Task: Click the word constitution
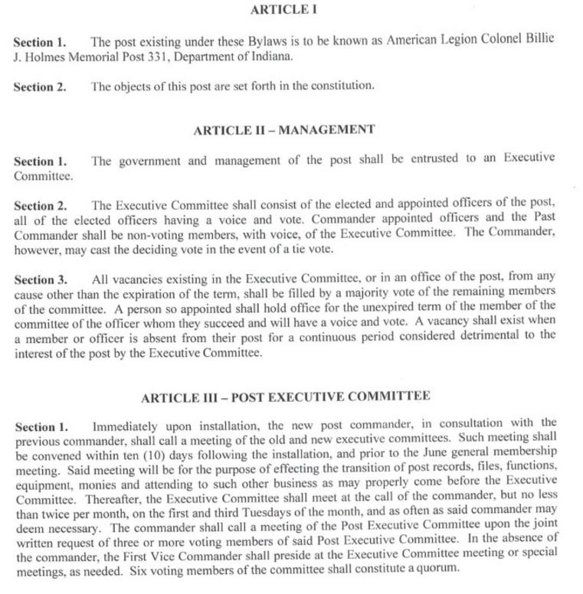coord(342,86)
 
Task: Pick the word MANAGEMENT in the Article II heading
coord(326,129)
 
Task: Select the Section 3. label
coord(41,280)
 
